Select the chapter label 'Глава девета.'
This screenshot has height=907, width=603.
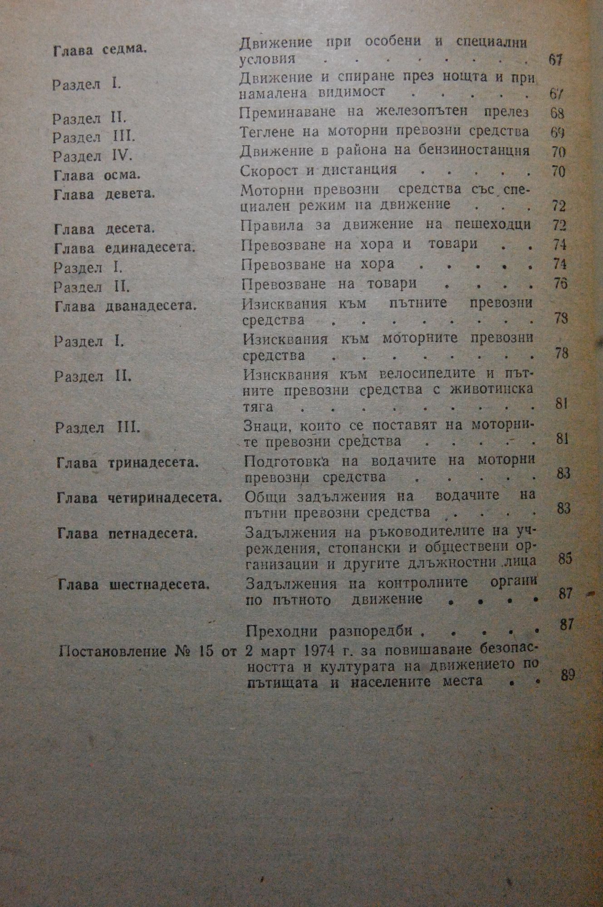pos(104,194)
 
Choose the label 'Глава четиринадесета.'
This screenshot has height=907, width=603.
pos(141,498)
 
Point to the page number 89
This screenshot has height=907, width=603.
pos(568,674)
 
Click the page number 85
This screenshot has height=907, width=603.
pos(565,558)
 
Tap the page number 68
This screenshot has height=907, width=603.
pos(556,113)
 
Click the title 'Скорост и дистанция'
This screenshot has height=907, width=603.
pos(319,170)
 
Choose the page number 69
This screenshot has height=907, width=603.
pos(558,132)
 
